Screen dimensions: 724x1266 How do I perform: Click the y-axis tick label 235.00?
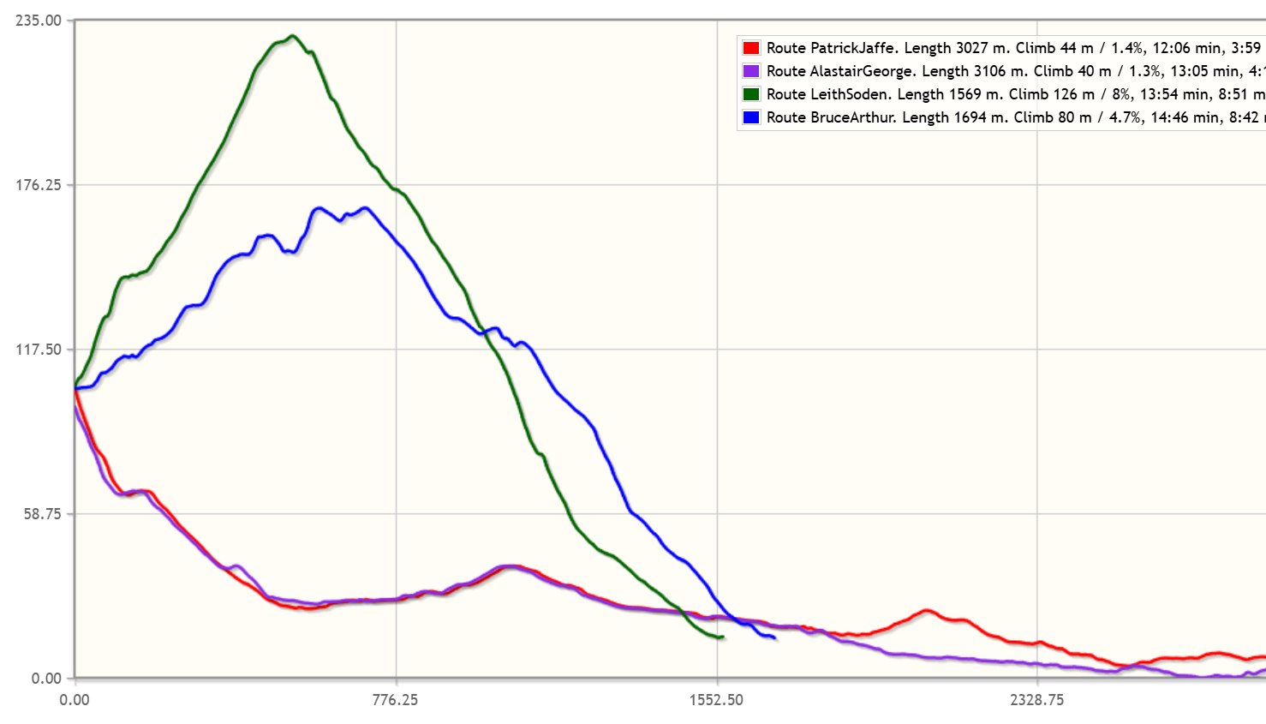tap(39, 21)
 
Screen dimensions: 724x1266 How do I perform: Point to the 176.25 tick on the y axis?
tap(39, 185)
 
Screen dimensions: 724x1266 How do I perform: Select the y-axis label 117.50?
tap(39, 350)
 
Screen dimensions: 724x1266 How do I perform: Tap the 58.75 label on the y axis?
tap(41, 514)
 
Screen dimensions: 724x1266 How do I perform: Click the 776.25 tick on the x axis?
tap(396, 700)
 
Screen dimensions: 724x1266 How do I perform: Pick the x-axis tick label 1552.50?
tap(716, 700)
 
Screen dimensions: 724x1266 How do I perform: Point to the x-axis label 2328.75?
tap(1036, 700)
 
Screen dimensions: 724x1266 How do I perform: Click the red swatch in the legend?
tap(751, 49)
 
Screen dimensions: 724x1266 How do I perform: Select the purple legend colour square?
tap(751, 72)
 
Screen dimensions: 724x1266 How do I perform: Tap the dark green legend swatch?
tap(751, 95)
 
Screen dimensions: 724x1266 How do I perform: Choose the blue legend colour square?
tap(751, 118)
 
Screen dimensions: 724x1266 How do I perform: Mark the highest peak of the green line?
tap(292, 36)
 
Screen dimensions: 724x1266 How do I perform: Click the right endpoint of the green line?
tap(723, 637)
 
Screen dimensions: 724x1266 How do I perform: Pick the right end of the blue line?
tap(774, 637)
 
